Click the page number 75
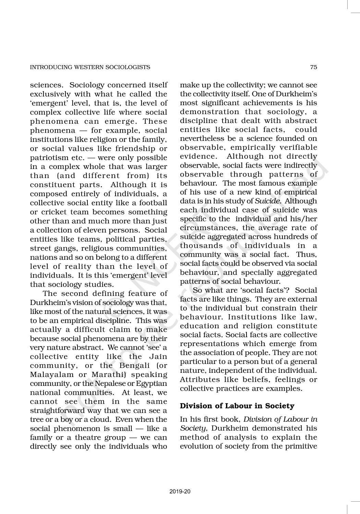(313, 67)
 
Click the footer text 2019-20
(180, 492)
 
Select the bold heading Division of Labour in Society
(237, 406)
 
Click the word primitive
(300, 446)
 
